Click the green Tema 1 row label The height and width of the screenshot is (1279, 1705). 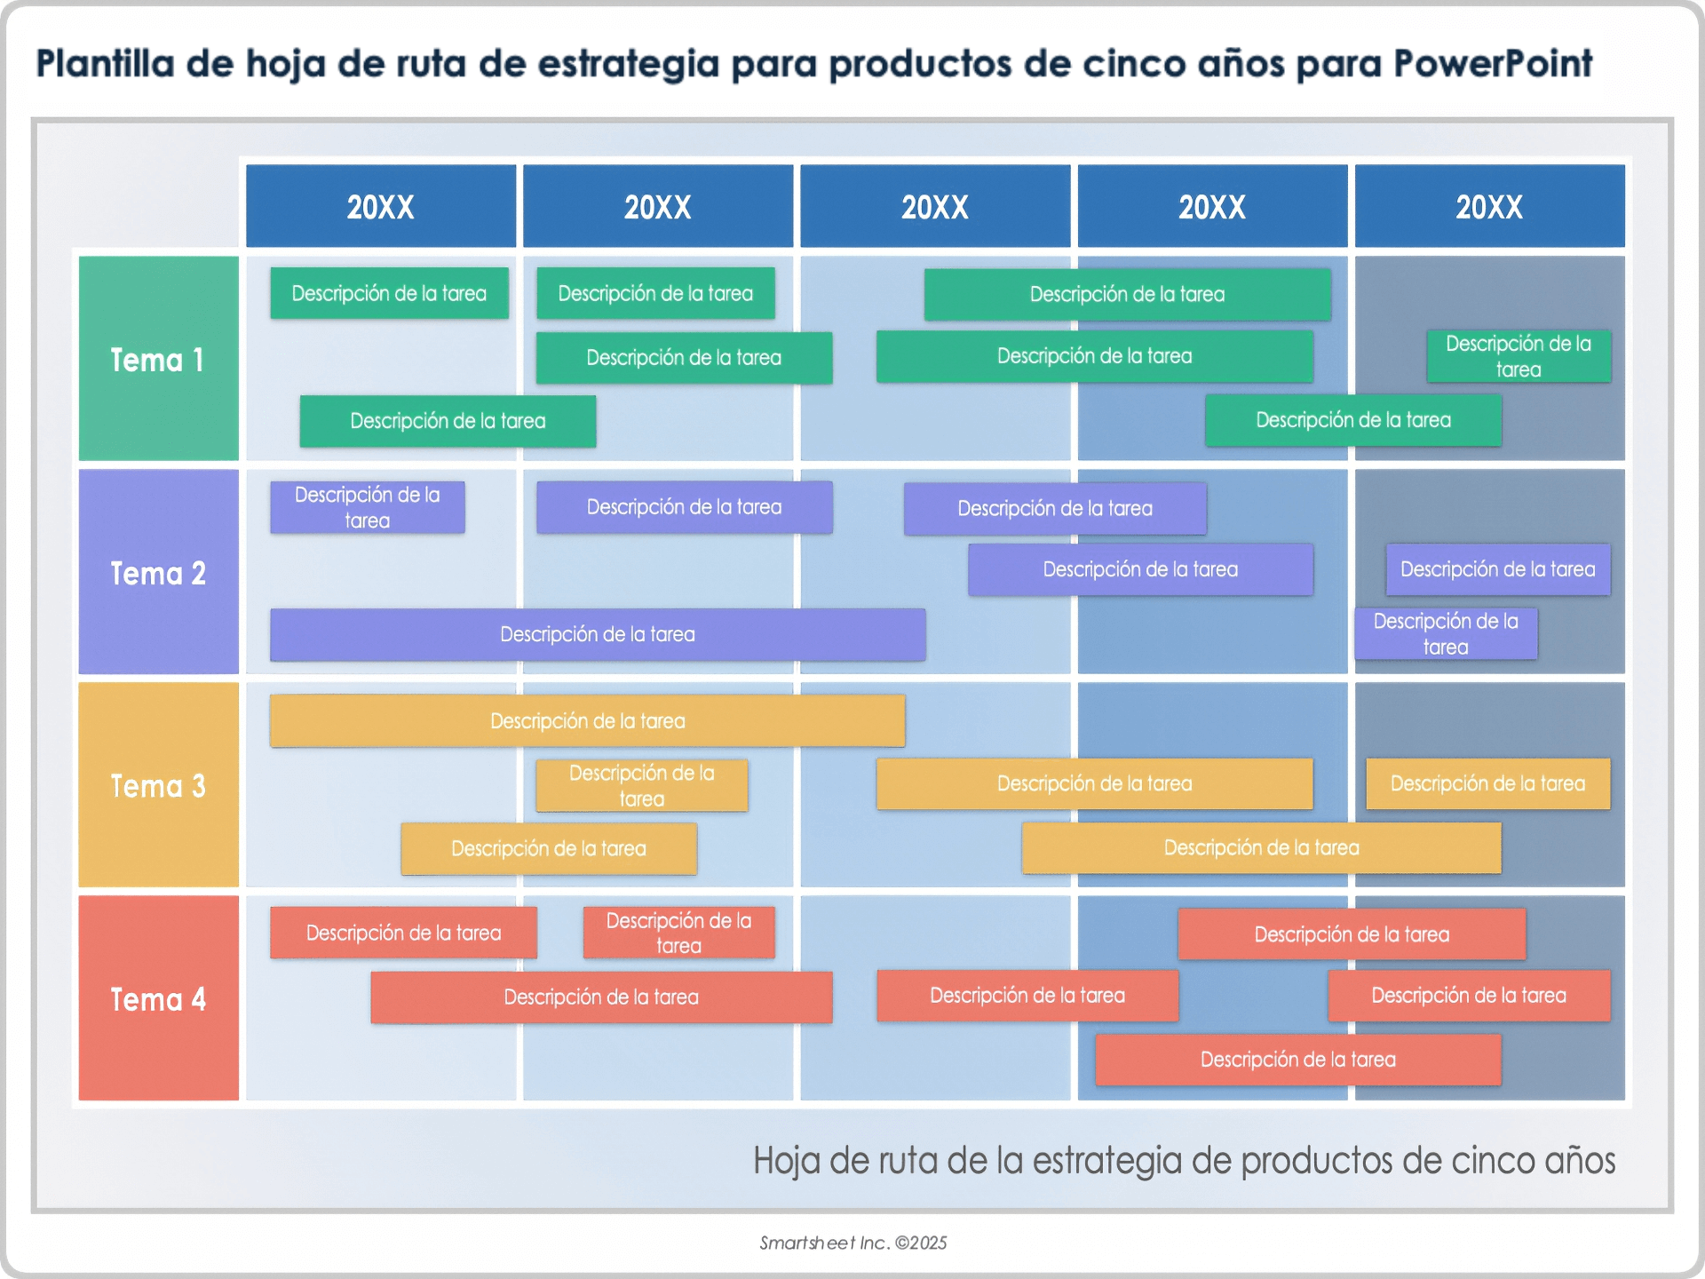click(x=158, y=359)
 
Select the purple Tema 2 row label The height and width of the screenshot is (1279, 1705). click(x=158, y=572)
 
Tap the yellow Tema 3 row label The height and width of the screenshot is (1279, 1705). click(x=158, y=785)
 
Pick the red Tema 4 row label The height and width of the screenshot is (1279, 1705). click(x=158, y=998)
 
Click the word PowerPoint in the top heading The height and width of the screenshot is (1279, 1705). click(x=1492, y=64)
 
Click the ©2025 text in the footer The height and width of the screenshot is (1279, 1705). click(x=921, y=1243)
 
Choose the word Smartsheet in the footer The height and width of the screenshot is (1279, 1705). click(x=807, y=1243)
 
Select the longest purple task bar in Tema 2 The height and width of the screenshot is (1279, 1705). click(x=598, y=634)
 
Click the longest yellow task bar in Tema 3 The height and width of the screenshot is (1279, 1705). click(x=587, y=720)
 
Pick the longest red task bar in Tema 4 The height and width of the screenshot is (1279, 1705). click(x=601, y=997)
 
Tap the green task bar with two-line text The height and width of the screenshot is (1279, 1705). click(x=1519, y=356)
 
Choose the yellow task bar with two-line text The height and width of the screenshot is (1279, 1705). click(x=641, y=785)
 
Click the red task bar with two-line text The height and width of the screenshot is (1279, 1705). click(x=678, y=933)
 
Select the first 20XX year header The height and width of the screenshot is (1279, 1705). click(x=381, y=206)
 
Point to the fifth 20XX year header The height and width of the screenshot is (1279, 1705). click(x=1489, y=206)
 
